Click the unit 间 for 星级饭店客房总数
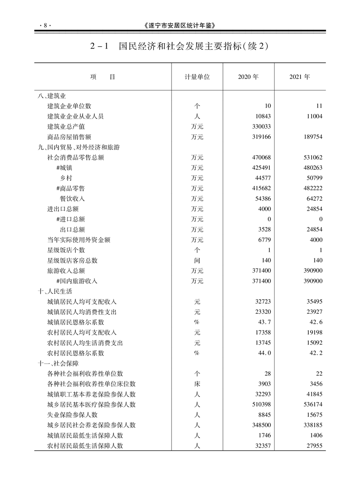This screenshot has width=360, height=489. coord(197,260)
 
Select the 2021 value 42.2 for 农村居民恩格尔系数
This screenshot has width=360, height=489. coord(315,353)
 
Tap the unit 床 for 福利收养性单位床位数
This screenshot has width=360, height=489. coord(197,384)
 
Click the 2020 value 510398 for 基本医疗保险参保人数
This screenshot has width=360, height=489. coord(260,405)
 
